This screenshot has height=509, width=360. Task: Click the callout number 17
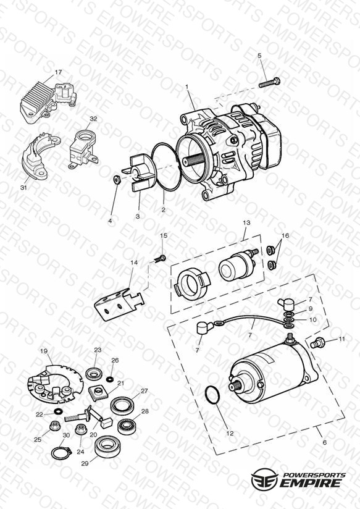coord(58,72)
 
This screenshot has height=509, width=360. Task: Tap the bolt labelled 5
coord(269,82)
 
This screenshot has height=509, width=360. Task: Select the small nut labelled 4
coord(117,179)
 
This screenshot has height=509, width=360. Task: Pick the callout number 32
coord(93,119)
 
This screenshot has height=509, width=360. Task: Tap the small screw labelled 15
coord(159,259)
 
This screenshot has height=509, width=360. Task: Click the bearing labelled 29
coord(107,447)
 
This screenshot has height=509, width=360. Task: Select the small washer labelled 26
coord(111,379)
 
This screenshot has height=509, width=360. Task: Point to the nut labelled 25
coord(54,425)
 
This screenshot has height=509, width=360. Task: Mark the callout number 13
coord(247,222)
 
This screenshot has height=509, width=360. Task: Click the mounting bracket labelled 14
coord(119,303)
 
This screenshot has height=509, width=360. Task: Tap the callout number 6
coord(325,442)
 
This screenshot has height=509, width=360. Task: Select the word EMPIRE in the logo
coord(311,482)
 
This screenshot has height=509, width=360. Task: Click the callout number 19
coord(44,351)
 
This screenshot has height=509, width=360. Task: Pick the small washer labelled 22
coord(59,411)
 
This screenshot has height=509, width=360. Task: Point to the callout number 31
coord(23,188)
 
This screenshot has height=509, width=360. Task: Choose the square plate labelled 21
coord(98,393)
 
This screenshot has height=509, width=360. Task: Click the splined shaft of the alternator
coord(192,161)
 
